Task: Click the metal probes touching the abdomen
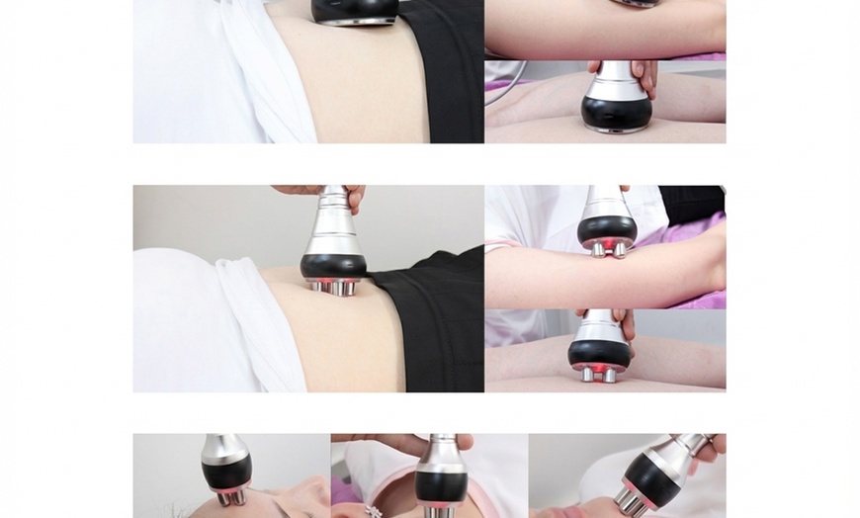(x=333, y=288)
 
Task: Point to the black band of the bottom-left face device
(x=226, y=472)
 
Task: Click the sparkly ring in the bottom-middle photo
(x=374, y=510)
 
